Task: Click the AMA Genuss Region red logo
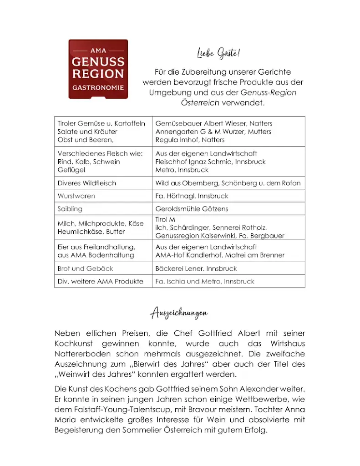pos(98,69)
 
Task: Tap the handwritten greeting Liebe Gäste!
pos(218,54)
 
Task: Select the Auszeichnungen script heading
pos(179,313)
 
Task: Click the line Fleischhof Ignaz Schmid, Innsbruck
pos(210,162)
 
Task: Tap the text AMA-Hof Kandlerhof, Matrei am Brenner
pos(220,255)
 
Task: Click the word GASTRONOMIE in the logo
pos(98,87)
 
